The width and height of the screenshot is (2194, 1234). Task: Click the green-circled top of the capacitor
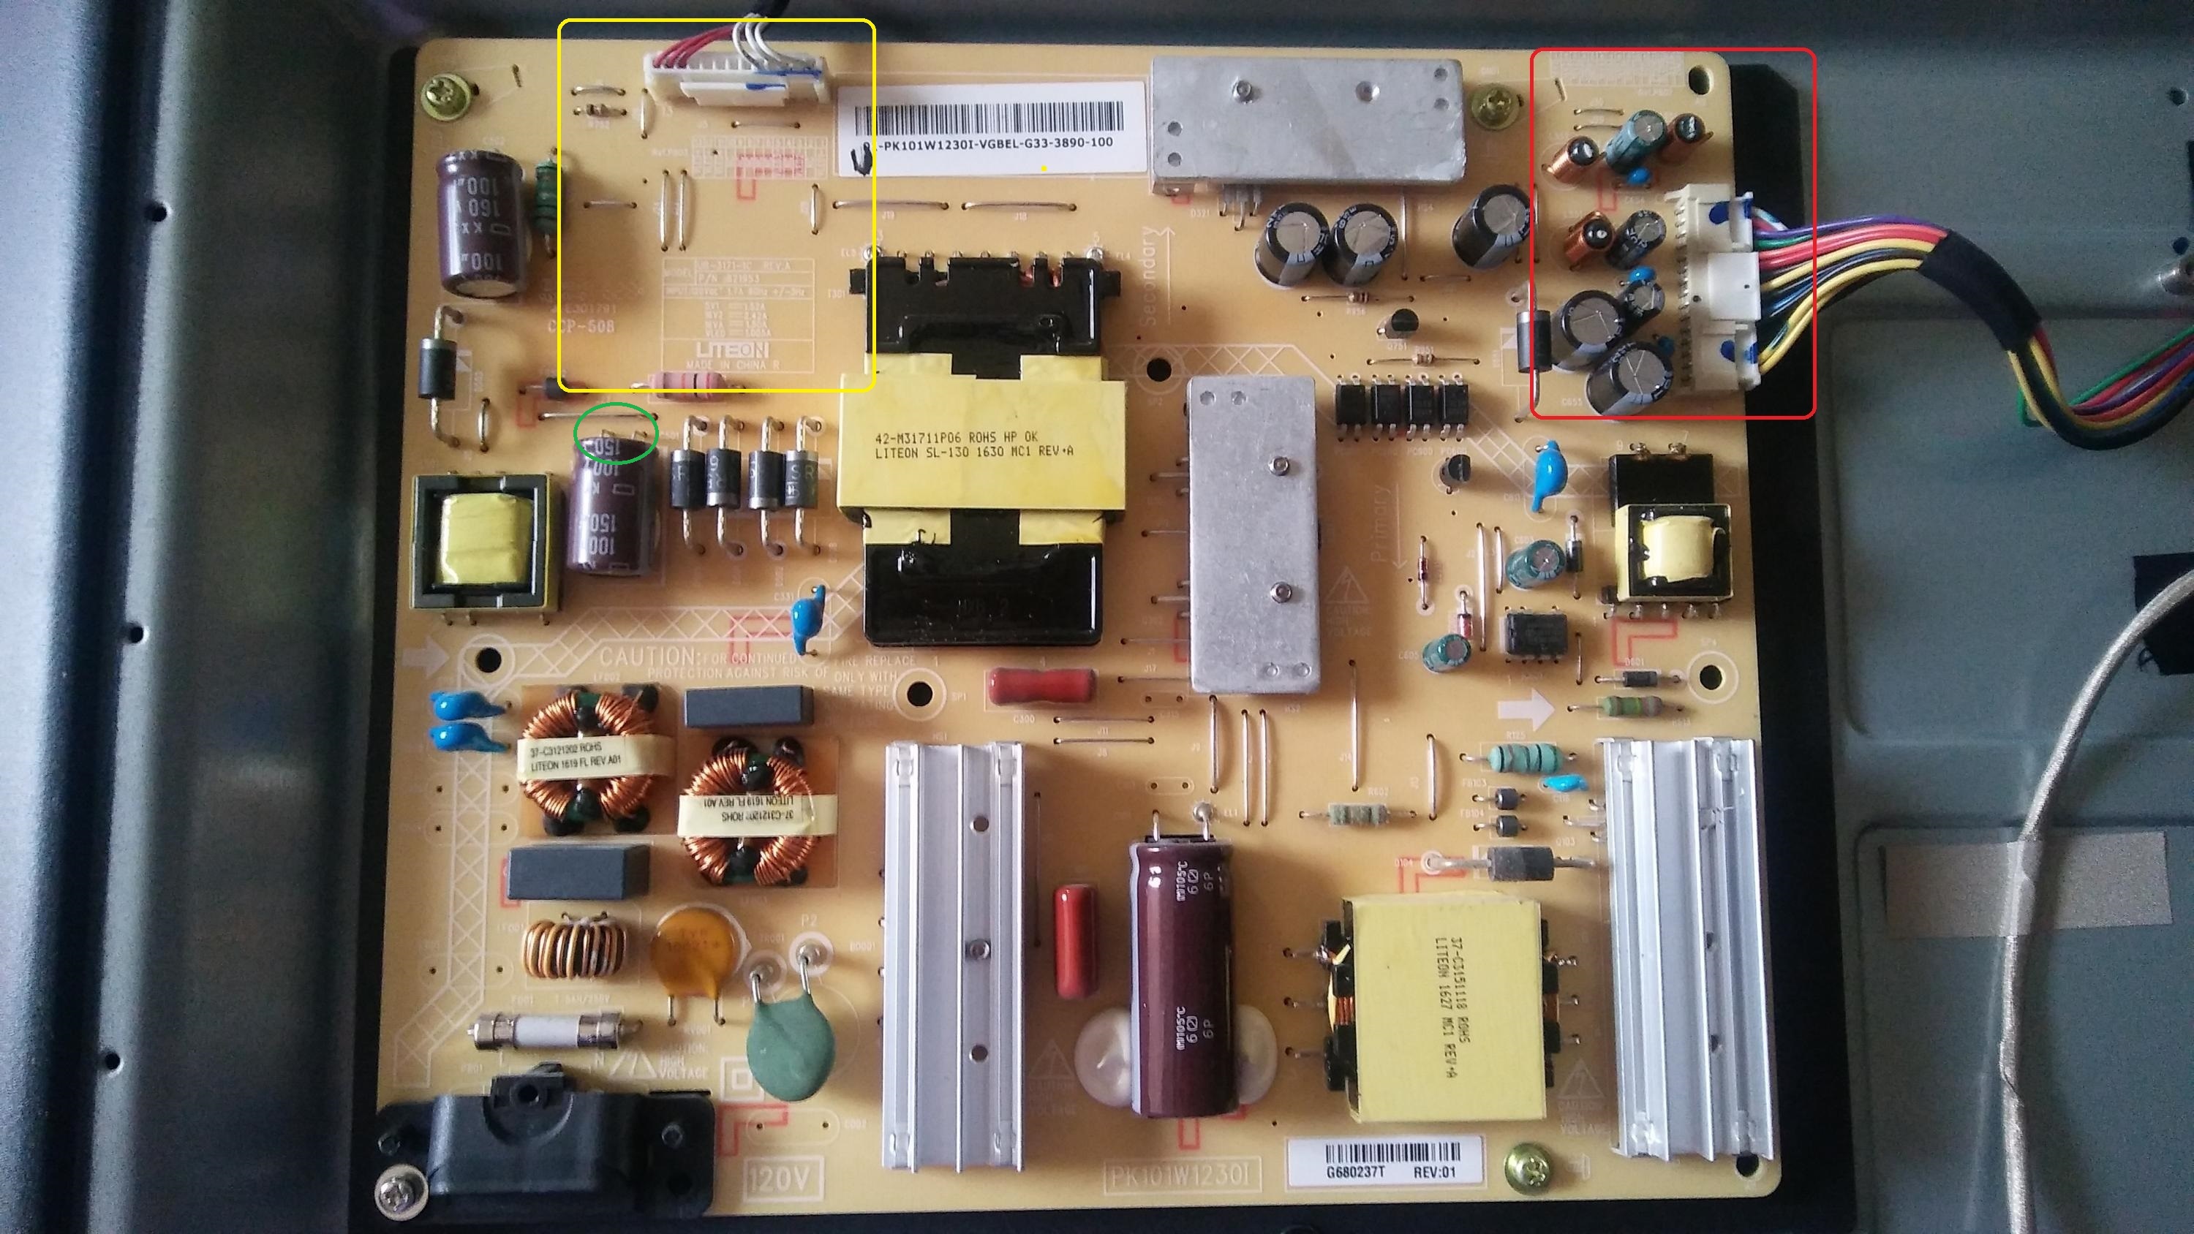(x=615, y=434)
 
